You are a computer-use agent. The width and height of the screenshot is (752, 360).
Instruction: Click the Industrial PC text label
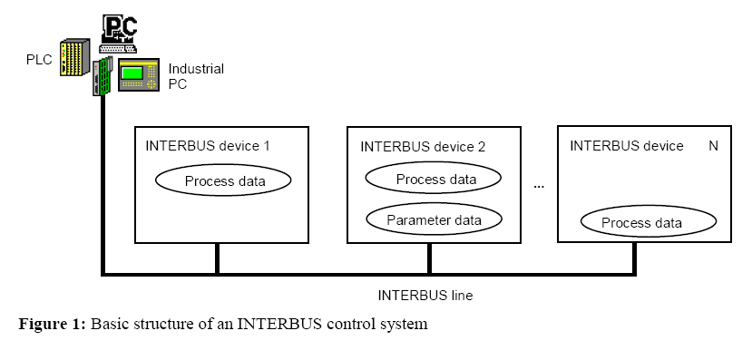point(196,76)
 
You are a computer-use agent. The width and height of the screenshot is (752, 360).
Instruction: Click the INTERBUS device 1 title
point(208,145)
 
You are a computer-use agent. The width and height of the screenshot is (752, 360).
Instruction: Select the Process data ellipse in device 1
point(224,180)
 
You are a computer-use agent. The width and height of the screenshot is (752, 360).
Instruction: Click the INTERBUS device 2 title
point(423,146)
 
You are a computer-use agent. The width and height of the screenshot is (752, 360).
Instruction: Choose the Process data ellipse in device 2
point(435,180)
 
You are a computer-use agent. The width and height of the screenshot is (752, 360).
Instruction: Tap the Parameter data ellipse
point(434,219)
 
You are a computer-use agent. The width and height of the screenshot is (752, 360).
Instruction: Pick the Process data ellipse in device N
point(643,223)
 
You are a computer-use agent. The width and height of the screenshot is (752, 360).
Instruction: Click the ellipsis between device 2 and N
point(539,185)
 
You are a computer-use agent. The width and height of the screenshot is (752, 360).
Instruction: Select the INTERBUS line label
point(425,295)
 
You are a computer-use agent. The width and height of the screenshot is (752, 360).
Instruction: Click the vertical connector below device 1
point(217,257)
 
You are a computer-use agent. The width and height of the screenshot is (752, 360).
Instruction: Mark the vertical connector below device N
point(634,257)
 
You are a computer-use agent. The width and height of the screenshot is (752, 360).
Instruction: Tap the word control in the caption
point(346,324)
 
